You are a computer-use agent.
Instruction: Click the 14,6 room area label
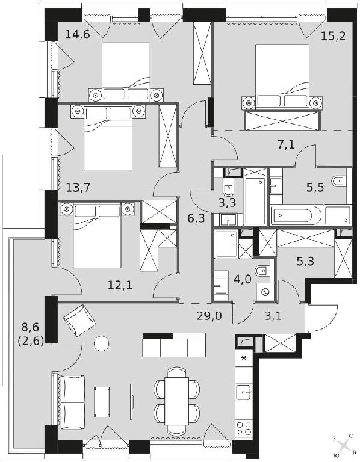[77, 35]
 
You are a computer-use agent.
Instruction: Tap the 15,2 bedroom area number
[333, 37]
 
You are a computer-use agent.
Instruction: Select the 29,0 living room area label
[209, 316]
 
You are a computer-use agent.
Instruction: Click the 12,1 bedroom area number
[120, 285]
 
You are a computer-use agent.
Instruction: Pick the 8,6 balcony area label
[31, 327]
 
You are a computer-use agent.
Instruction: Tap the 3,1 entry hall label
[273, 316]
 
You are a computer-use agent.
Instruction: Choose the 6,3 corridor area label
[196, 218]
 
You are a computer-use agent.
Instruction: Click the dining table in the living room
[177, 401]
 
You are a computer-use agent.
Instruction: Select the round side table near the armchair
[101, 343]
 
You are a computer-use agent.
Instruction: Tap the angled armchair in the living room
[79, 319]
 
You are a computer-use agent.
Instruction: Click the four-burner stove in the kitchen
[244, 428]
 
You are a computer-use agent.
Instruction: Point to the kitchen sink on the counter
[244, 392]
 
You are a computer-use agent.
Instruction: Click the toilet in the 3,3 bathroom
[228, 188]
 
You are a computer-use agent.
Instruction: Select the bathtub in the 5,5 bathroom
[296, 215]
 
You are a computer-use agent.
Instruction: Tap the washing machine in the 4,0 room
[265, 292]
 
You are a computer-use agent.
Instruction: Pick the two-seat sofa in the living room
[73, 402]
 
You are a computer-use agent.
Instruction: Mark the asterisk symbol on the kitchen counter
[244, 359]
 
